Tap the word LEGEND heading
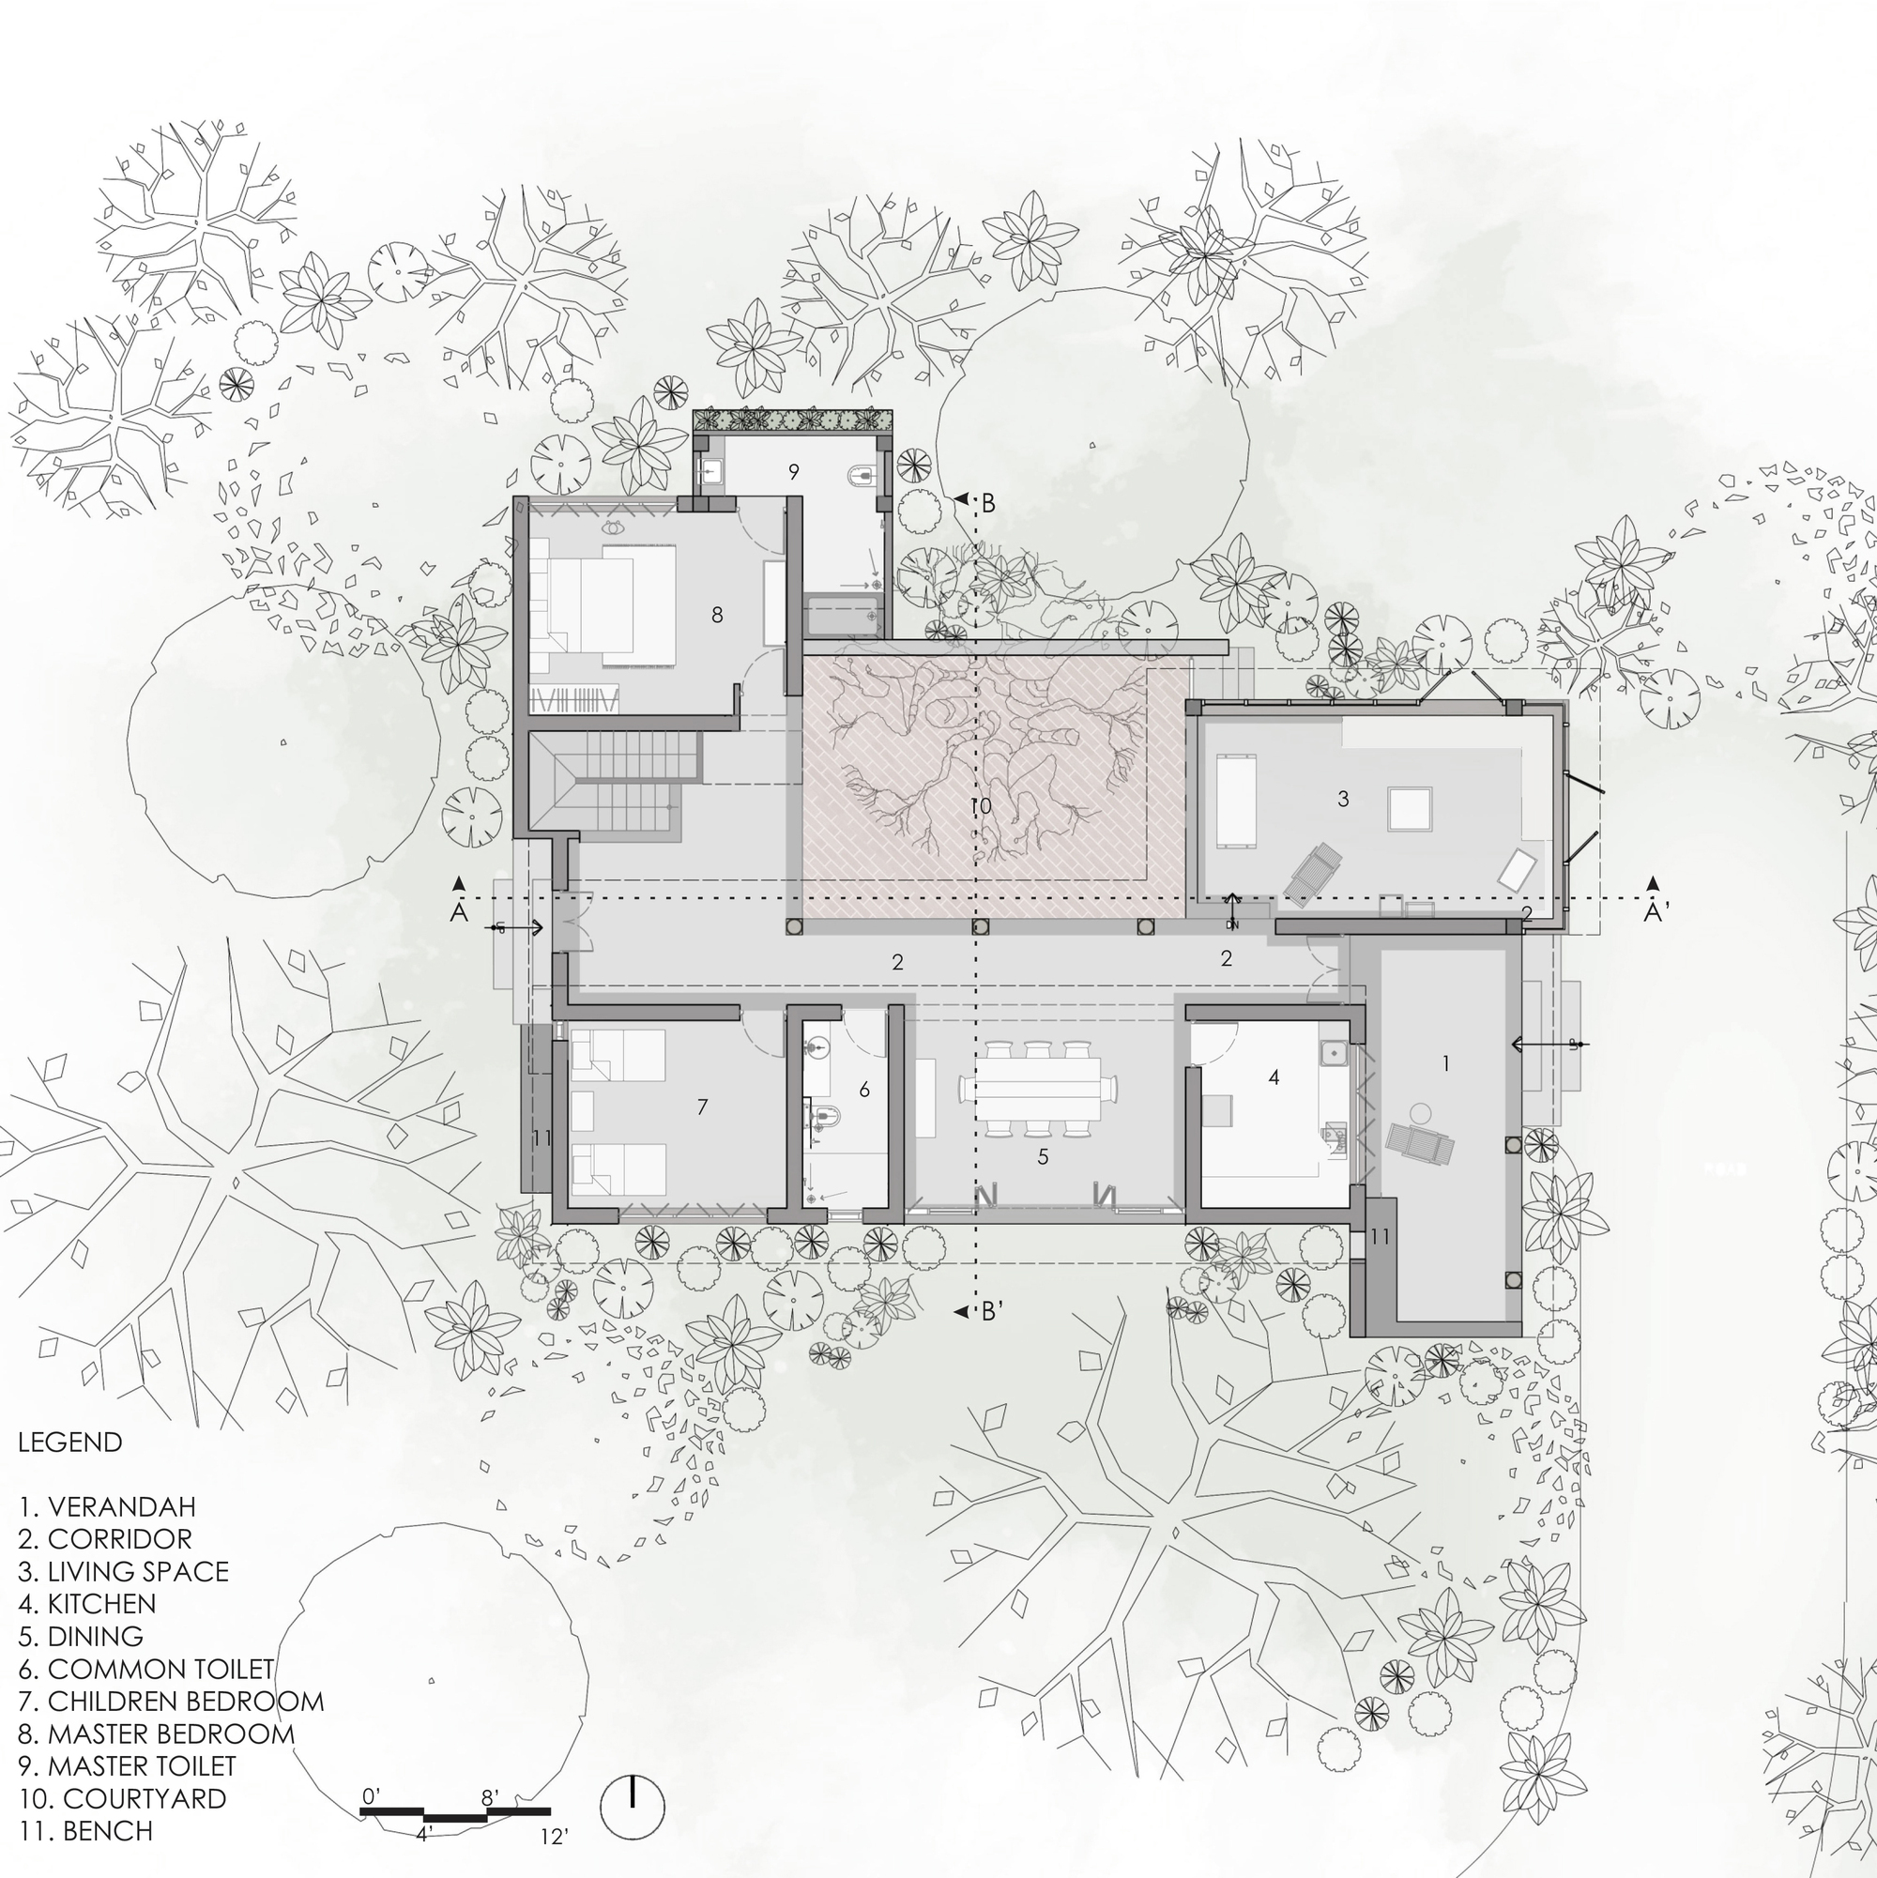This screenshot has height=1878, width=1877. coord(70,1442)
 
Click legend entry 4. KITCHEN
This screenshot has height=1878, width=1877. coord(86,1603)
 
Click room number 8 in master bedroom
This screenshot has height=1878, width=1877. coord(717,615)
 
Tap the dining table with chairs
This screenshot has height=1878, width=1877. coord(1037,1089)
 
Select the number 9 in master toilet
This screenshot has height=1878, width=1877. coord(793,471)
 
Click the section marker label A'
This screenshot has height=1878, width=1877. coord(1656,912)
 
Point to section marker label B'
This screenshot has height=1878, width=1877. coord(990,1311)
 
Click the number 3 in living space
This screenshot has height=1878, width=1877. coord(1343,799)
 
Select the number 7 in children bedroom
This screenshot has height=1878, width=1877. coord(702,1107)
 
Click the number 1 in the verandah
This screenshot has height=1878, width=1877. coord(1445,1063)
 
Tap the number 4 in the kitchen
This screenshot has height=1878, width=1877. coord(1274,1077)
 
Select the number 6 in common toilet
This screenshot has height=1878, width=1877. coord(864,1090)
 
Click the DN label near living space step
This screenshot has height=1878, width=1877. coord(1231,925)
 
